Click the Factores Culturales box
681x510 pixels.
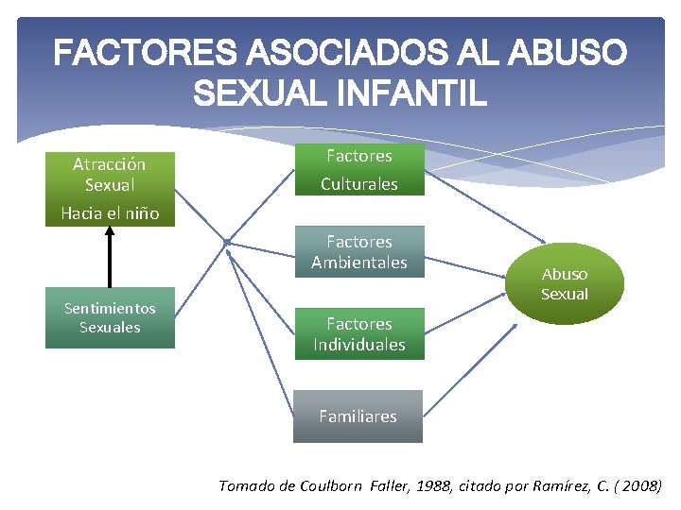click(x=358, y=169)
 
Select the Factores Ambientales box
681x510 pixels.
click(x=358, y=252)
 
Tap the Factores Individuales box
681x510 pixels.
click(x=358, y=334)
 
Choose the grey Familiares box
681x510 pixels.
click(x=358, y=416)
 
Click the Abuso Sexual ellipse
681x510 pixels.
click(x=565, y=284)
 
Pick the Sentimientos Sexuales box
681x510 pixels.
click(x=110, y=318)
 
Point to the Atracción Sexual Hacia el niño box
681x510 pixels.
click(x=110, y=188)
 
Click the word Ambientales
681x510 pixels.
click(x=358, y=263)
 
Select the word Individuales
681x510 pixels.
click(x=358, y=345)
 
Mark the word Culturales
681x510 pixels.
click(x=358, y=184)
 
